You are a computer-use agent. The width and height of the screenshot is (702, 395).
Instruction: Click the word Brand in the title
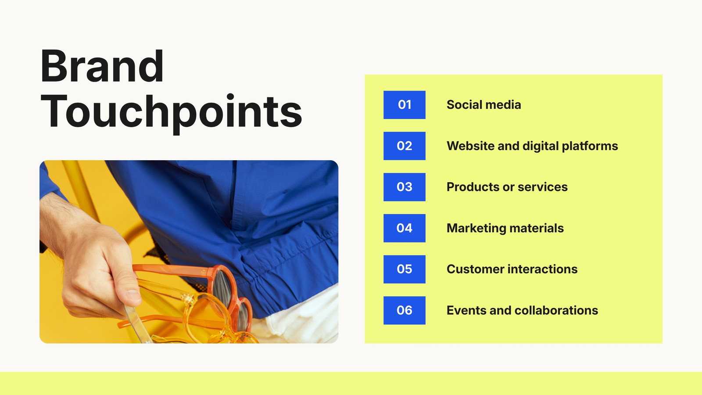(102, 66)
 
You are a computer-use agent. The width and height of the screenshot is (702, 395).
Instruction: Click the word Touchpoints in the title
(172, 114)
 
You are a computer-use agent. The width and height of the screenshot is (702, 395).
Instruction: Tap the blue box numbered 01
(404, 105)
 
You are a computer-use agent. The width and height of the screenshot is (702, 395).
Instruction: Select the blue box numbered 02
(404, 146)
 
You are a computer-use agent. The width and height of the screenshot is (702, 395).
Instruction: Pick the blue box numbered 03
(404, 187)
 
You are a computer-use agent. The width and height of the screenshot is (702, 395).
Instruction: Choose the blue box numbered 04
(404, 228)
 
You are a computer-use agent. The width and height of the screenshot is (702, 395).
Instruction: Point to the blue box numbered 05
(404, 269)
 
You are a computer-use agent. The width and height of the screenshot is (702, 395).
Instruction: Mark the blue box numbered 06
(404, 310)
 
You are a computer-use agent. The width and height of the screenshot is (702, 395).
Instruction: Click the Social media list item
(484, 105)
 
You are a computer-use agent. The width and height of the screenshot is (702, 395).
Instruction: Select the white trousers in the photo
(298, 316)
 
